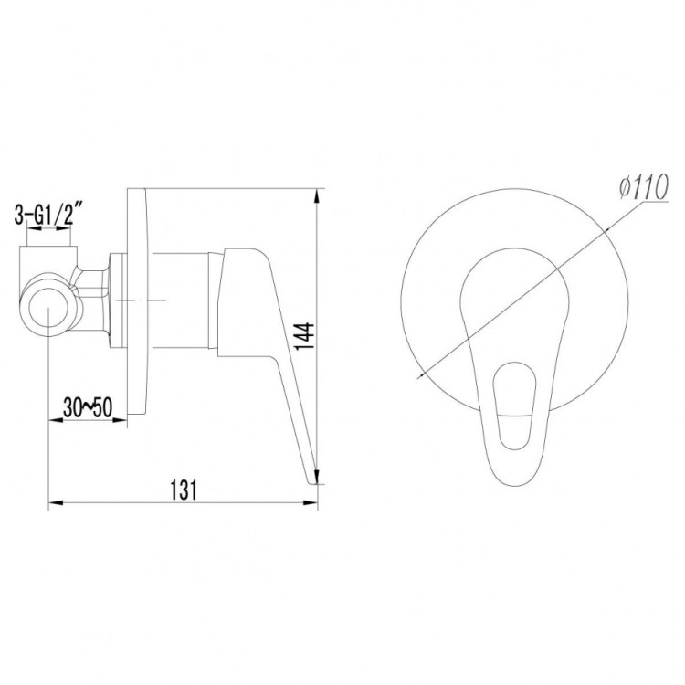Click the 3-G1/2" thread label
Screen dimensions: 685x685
(x=51, y=216)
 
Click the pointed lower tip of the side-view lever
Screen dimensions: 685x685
(x=308, y=477)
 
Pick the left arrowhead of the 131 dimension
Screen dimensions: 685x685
(x=54, y=501)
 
